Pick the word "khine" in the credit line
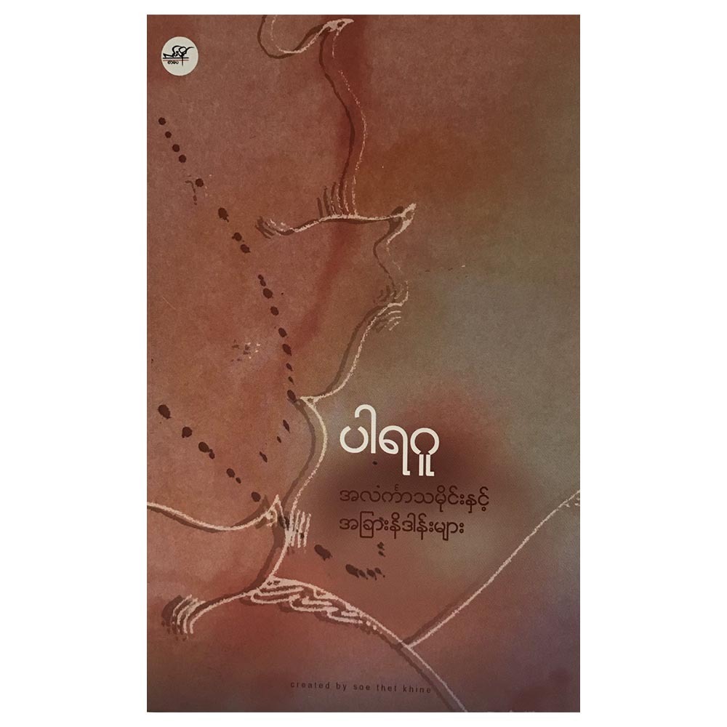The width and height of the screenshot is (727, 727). (x=419, y=686)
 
